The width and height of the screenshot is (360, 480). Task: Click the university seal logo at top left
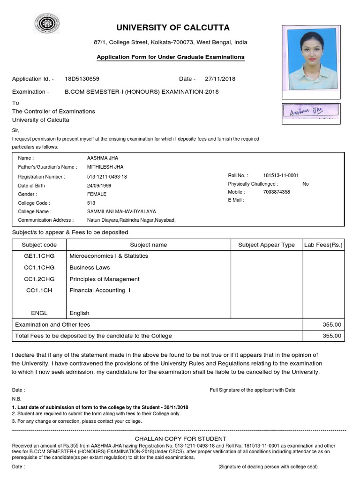(x=46, y=23)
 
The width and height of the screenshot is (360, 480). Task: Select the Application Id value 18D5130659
(x=82, y=79)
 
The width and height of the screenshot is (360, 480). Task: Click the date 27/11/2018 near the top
(x=220, y=79)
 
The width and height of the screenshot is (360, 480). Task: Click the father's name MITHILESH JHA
(x=105, y=167)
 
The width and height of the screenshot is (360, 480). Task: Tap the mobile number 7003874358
(x=277, y=192)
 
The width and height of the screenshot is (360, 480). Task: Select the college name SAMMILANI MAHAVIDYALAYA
(x=121, y=211)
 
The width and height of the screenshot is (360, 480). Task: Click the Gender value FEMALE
(x=97, y=194)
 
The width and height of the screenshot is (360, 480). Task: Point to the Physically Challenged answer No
(x=306, y=184)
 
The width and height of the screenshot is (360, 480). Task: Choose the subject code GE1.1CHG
(x=39, y=256)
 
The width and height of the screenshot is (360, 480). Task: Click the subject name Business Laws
(x=90, y=268)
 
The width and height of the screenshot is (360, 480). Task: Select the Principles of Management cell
(x=105, y=279)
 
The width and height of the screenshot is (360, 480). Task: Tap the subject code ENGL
(x=39, y=313)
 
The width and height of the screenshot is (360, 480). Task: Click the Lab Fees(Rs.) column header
(x=323, y=245)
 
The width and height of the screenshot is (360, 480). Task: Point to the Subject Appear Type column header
(x=266, y=245)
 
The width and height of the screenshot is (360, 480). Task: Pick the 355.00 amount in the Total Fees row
(x=332, y=336)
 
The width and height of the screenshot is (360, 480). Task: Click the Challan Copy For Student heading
(x=180, y=439)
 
